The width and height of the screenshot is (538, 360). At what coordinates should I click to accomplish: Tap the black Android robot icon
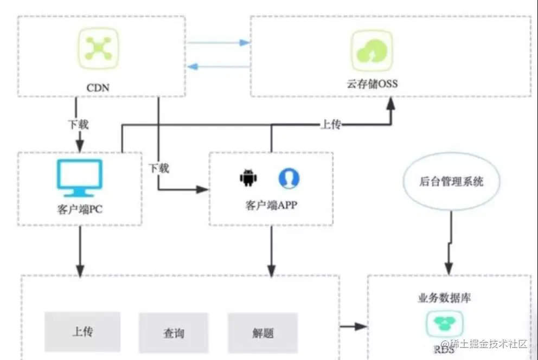[248, 178]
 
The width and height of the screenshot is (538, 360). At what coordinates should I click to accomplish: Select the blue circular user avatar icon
[289, 178]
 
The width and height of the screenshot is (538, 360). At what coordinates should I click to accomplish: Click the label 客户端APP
[271, 206]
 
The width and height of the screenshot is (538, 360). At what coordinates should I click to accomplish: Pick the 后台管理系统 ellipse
[452, 182]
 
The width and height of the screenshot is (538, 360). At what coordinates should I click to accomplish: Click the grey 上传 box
[81, 331]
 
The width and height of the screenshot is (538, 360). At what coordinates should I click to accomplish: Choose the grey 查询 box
[173, 332]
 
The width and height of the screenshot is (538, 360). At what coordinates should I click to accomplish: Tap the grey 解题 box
[263, 332]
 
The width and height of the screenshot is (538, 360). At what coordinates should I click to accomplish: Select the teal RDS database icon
[444, 324]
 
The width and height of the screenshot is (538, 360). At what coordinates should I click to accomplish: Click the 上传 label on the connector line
[331, 125]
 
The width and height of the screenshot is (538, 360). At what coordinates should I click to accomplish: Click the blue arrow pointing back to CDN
[191, 66]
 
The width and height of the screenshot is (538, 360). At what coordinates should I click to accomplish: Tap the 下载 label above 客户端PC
[78, 124]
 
